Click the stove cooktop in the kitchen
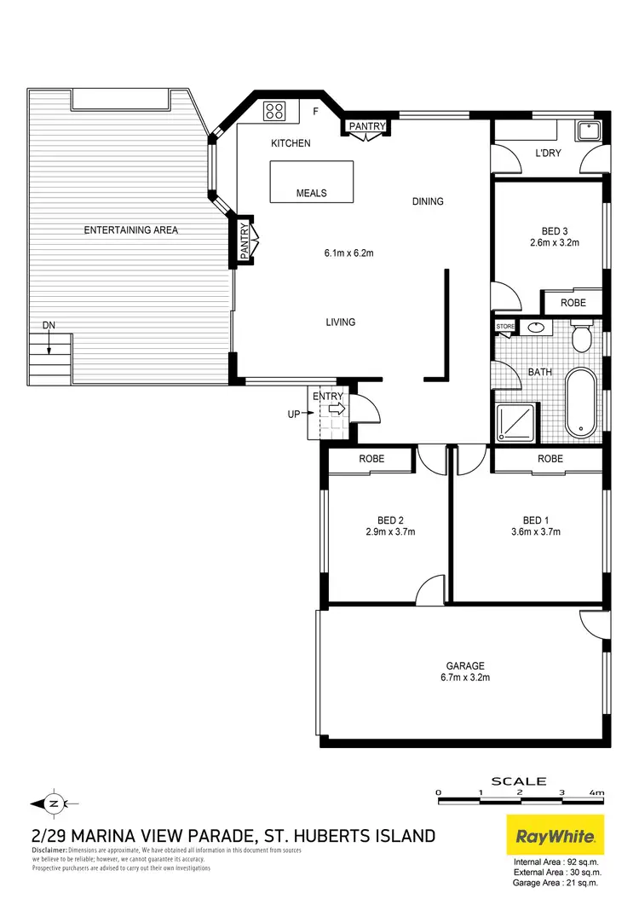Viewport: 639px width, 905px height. coord(274,111)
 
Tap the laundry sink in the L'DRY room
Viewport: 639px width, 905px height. coord(587,131)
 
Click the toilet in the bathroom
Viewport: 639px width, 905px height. coord(582,337)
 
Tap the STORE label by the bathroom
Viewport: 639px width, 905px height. coord(506,326)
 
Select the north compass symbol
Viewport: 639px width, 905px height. coord(53,803)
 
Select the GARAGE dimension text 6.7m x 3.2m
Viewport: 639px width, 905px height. coord(465,677)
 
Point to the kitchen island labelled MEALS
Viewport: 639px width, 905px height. coord(311,182)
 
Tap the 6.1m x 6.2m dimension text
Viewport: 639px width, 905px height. coord(349,252)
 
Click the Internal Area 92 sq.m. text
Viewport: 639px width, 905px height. coord(556,863)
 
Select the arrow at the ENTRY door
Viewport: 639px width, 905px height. coord(337,410)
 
